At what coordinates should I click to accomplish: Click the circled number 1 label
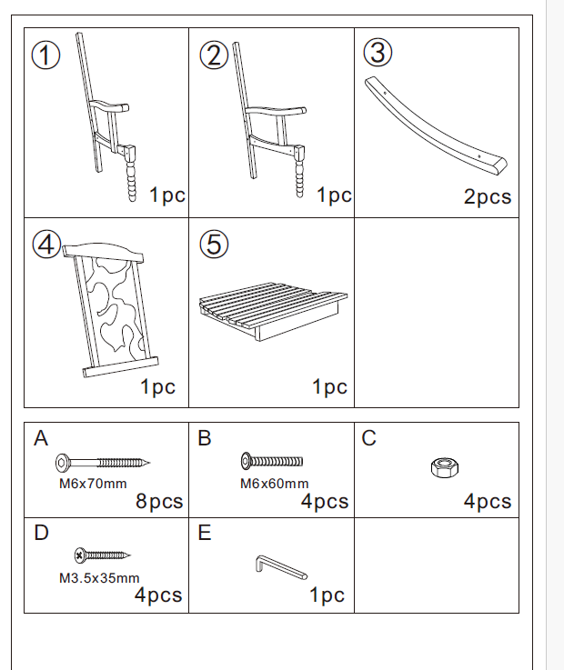coord(46,56)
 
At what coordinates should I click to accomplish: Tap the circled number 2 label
coord(214,56)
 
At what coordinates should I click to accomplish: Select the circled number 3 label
coord(378,54)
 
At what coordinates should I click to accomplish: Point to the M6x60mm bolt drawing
coord(271,462)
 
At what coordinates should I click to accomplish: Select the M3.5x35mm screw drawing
coord(103,554)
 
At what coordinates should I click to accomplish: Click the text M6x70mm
coord(93,484)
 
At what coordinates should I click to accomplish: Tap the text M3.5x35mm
coord(99,577)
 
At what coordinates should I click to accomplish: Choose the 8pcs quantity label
coord(159,502)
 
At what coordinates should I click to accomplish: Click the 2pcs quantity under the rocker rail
coord(488,196)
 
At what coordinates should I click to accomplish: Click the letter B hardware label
coord(205,439)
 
